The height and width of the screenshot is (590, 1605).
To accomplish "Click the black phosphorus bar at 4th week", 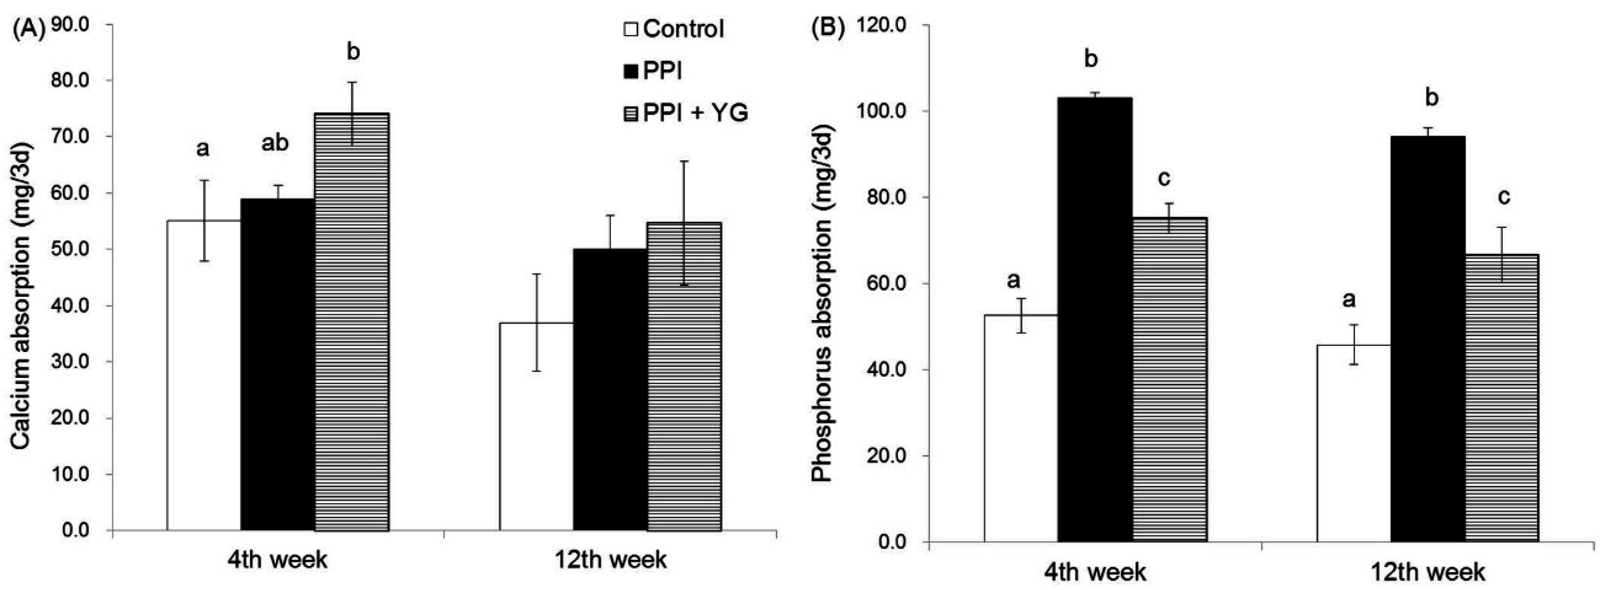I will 1095,318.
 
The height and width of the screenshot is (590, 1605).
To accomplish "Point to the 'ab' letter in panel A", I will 275,144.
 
